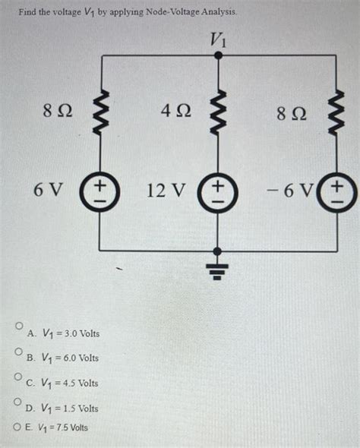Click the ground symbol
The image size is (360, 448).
point(218,266)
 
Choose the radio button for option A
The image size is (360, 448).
point(17,325)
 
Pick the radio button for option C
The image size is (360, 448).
point(17,376)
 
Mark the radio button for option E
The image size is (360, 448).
point(17,427)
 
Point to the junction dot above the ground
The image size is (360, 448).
point(218,251)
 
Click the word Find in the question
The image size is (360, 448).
point(30,13)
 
